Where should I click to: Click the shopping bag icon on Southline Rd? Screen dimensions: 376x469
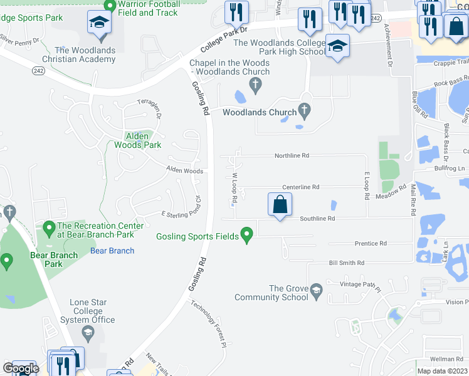click(280, 204)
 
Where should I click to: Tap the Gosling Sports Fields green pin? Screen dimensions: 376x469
click(246, 236)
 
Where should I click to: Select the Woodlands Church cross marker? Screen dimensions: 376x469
click(305, 112)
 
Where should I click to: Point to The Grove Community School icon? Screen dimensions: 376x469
click(317, 290)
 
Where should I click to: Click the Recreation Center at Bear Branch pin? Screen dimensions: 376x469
click(50, 226)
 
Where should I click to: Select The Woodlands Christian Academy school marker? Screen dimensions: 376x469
click(98, 24)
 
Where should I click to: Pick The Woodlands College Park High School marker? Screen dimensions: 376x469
click(337, 46)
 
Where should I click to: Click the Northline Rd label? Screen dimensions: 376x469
click(292, 155)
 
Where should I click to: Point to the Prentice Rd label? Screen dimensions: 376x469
click(371, 243)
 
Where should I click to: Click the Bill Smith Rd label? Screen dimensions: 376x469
click(346, 263)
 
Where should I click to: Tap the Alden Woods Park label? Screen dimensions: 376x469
click(137, 140)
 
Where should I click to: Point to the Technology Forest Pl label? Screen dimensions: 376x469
click(208, 323)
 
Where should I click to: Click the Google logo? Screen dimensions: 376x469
click(20, 368)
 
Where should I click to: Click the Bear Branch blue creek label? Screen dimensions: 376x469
click(112, 251)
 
